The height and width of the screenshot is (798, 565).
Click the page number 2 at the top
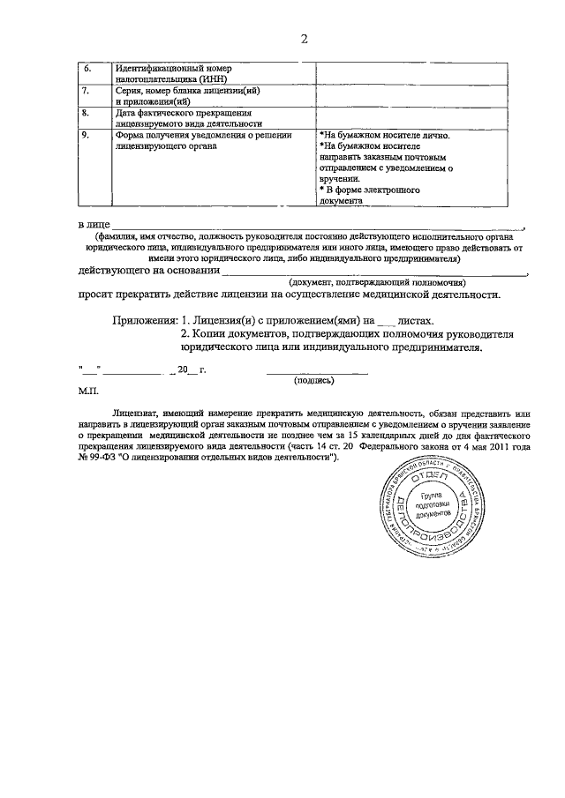click(x=304, y=39)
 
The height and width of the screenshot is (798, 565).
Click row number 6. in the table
click(x=87, y=67)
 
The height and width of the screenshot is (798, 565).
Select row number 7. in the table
click(x=86, y=90)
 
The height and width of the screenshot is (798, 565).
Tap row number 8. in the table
click(x=86, y=113)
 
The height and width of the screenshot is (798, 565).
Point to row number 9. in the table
click(x=86, y=135)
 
